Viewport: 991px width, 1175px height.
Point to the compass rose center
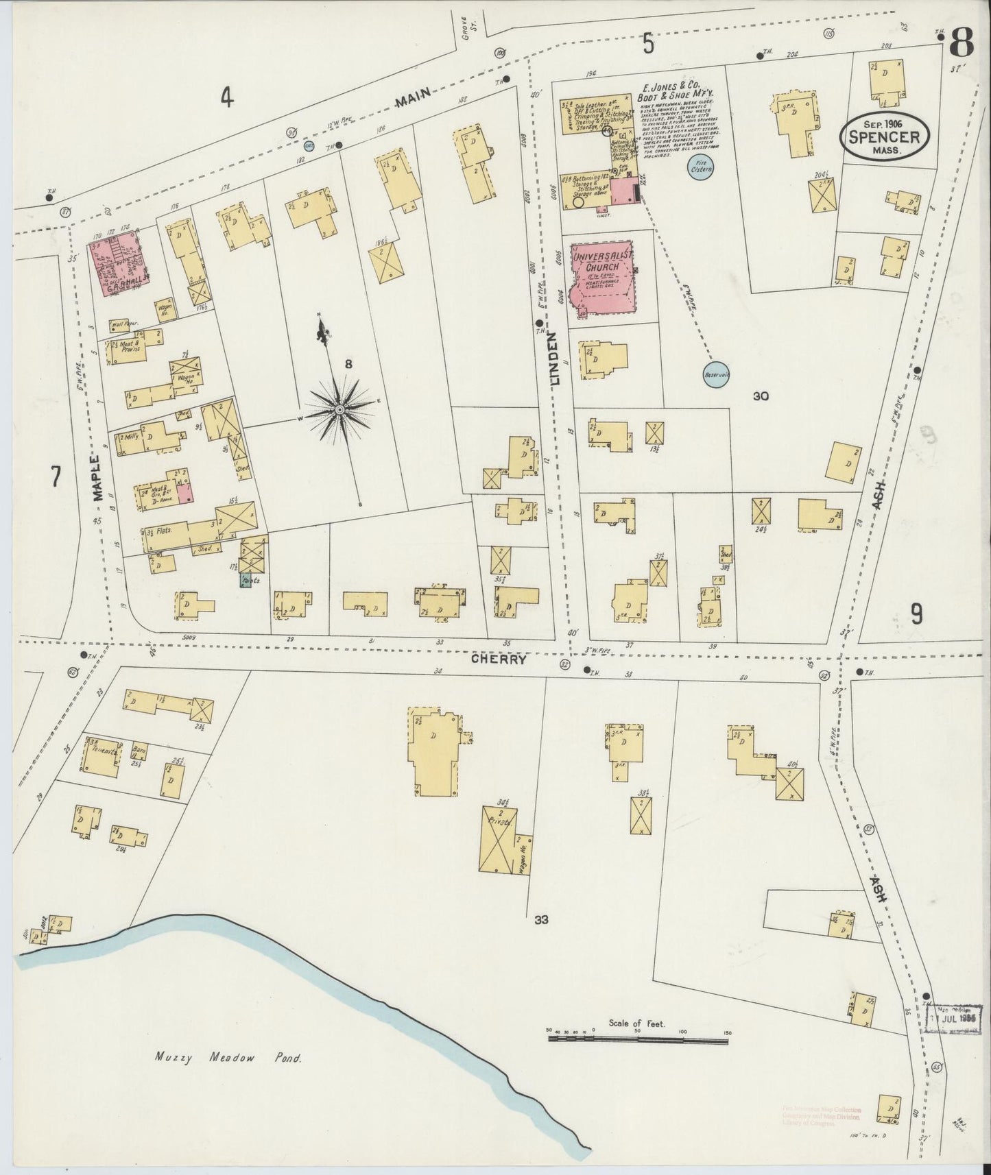pos(340,409)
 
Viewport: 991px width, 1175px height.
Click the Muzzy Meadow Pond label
pos(224,1058)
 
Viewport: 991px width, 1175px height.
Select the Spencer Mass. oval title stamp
pos(885,136)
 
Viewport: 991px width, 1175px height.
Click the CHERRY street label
pos(499,659)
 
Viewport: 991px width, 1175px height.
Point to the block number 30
pos(759,396)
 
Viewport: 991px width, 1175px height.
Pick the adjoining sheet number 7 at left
pos(54,476)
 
